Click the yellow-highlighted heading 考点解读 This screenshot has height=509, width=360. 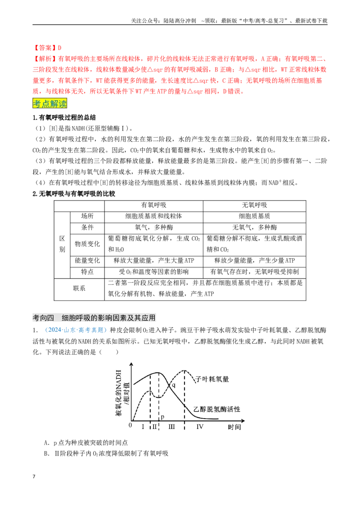[x=49, y=103]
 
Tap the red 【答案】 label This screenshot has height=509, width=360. [x=45, y=48]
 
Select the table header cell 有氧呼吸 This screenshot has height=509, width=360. [x=154, y=205]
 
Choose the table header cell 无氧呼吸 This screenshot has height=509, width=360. [x=254, y=205]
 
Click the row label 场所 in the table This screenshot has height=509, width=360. [x=87, y=216]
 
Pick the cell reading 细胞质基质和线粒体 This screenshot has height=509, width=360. [x=154, y=216]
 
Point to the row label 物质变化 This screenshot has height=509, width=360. [x=87, y=244]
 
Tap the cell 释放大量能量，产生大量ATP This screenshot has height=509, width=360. [x=154, y=260]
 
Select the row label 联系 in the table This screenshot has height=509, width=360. [x=79, y=288]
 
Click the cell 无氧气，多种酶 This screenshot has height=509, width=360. [x=254, y=227]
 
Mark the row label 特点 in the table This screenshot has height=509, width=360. [x=87, y=272]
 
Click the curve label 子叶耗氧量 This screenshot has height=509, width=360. [x=213, y=379]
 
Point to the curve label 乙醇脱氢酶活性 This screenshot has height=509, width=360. [x=217, y=409]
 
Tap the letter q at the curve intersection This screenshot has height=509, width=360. [x=174, y=385]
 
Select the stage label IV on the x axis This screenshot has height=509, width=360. [x=199, y=427]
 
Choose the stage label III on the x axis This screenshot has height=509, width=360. [x=171, y=427]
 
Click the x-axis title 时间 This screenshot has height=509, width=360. [x=234, y=427]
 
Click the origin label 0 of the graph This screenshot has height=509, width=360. [x=130, y=425]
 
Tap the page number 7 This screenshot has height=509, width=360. [x=34, y=477]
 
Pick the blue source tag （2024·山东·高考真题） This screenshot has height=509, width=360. [x=76, y=330]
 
